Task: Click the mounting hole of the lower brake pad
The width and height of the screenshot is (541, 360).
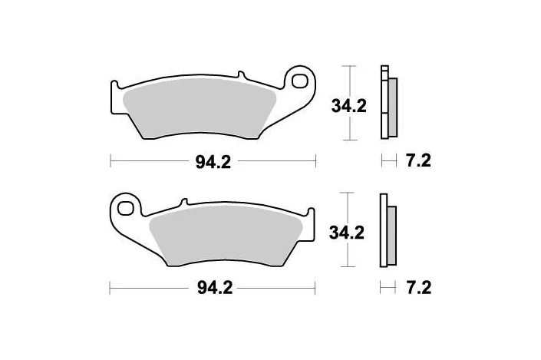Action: click(127, 206)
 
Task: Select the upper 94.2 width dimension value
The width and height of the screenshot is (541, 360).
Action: click(214, 161)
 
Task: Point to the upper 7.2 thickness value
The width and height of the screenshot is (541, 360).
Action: click(417, 161)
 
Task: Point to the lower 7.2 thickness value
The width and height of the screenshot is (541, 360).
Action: click(417, 288)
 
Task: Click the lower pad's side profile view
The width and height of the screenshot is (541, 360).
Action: click(388, 231)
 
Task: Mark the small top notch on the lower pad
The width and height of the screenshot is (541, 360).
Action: click(183, 203)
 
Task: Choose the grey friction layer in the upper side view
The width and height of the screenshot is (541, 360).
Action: click(392, 107)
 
